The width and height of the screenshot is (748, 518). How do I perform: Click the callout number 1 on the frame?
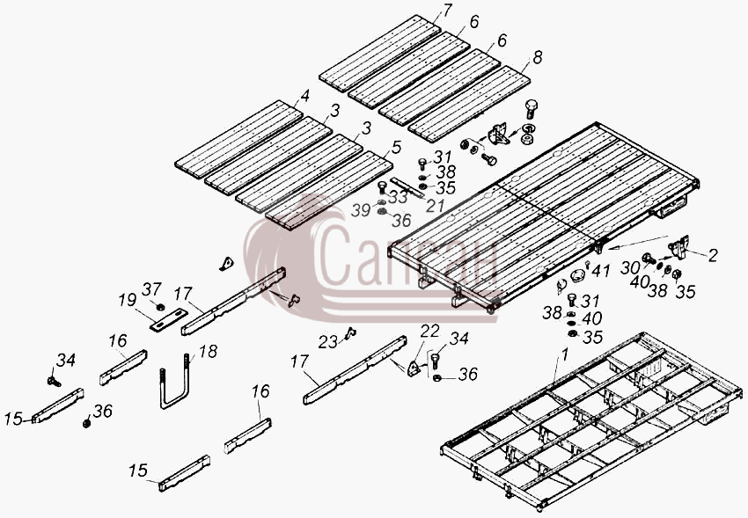565,355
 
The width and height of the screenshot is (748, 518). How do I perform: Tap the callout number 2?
713,255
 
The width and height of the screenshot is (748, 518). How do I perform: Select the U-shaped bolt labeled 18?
175,381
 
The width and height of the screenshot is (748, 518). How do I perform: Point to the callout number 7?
447,10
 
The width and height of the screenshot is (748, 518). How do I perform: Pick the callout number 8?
538,58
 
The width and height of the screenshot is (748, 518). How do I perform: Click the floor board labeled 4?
238,139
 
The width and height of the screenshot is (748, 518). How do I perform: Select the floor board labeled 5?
329,190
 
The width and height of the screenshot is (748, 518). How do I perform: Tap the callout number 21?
435,206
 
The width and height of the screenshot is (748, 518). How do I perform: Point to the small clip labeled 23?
351,332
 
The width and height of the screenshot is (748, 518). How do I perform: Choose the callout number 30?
630,268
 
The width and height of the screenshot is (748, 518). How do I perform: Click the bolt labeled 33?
382,187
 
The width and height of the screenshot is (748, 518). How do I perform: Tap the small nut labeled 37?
161,306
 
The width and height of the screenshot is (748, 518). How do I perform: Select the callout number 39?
361,209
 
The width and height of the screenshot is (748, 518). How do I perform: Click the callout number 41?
601,271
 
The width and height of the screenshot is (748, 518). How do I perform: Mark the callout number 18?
208,352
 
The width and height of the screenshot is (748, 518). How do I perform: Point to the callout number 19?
128,301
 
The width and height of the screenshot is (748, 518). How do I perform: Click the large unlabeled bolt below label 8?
532,109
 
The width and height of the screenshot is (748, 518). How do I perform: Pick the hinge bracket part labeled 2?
679,246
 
